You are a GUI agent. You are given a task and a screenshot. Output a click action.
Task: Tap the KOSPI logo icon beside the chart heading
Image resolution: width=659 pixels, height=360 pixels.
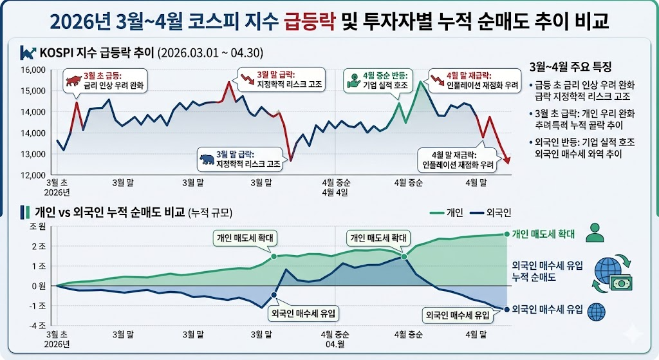click(28, 53)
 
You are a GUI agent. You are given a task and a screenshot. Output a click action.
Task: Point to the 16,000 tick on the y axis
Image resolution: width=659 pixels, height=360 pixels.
click(32, 70)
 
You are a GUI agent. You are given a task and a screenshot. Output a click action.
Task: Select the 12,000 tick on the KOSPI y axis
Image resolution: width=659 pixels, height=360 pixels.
click(32, 175)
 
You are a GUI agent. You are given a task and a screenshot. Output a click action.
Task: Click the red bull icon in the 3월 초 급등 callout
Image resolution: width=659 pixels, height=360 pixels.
click(71, 81)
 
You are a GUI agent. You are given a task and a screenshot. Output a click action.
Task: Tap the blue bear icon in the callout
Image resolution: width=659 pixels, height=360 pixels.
click(207, 158)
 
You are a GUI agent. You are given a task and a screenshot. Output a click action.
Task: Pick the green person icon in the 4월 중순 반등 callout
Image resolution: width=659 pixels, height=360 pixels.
click(352, 81)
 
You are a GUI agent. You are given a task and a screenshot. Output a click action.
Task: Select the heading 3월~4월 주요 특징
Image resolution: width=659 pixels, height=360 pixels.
click(570, 68)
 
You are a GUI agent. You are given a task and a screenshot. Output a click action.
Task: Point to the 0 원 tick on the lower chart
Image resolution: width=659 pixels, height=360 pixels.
click(36, 286)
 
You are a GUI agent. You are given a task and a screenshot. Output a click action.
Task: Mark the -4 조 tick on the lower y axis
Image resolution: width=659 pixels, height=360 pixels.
click(35, 326)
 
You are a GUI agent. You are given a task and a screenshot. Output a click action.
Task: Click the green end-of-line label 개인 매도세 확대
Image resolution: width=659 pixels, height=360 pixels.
click(543, 234)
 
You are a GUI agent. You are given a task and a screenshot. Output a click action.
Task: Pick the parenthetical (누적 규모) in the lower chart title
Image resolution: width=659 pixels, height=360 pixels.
click(210, 213)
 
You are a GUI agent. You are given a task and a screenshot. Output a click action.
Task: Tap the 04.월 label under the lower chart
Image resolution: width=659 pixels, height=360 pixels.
click(335, 343)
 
